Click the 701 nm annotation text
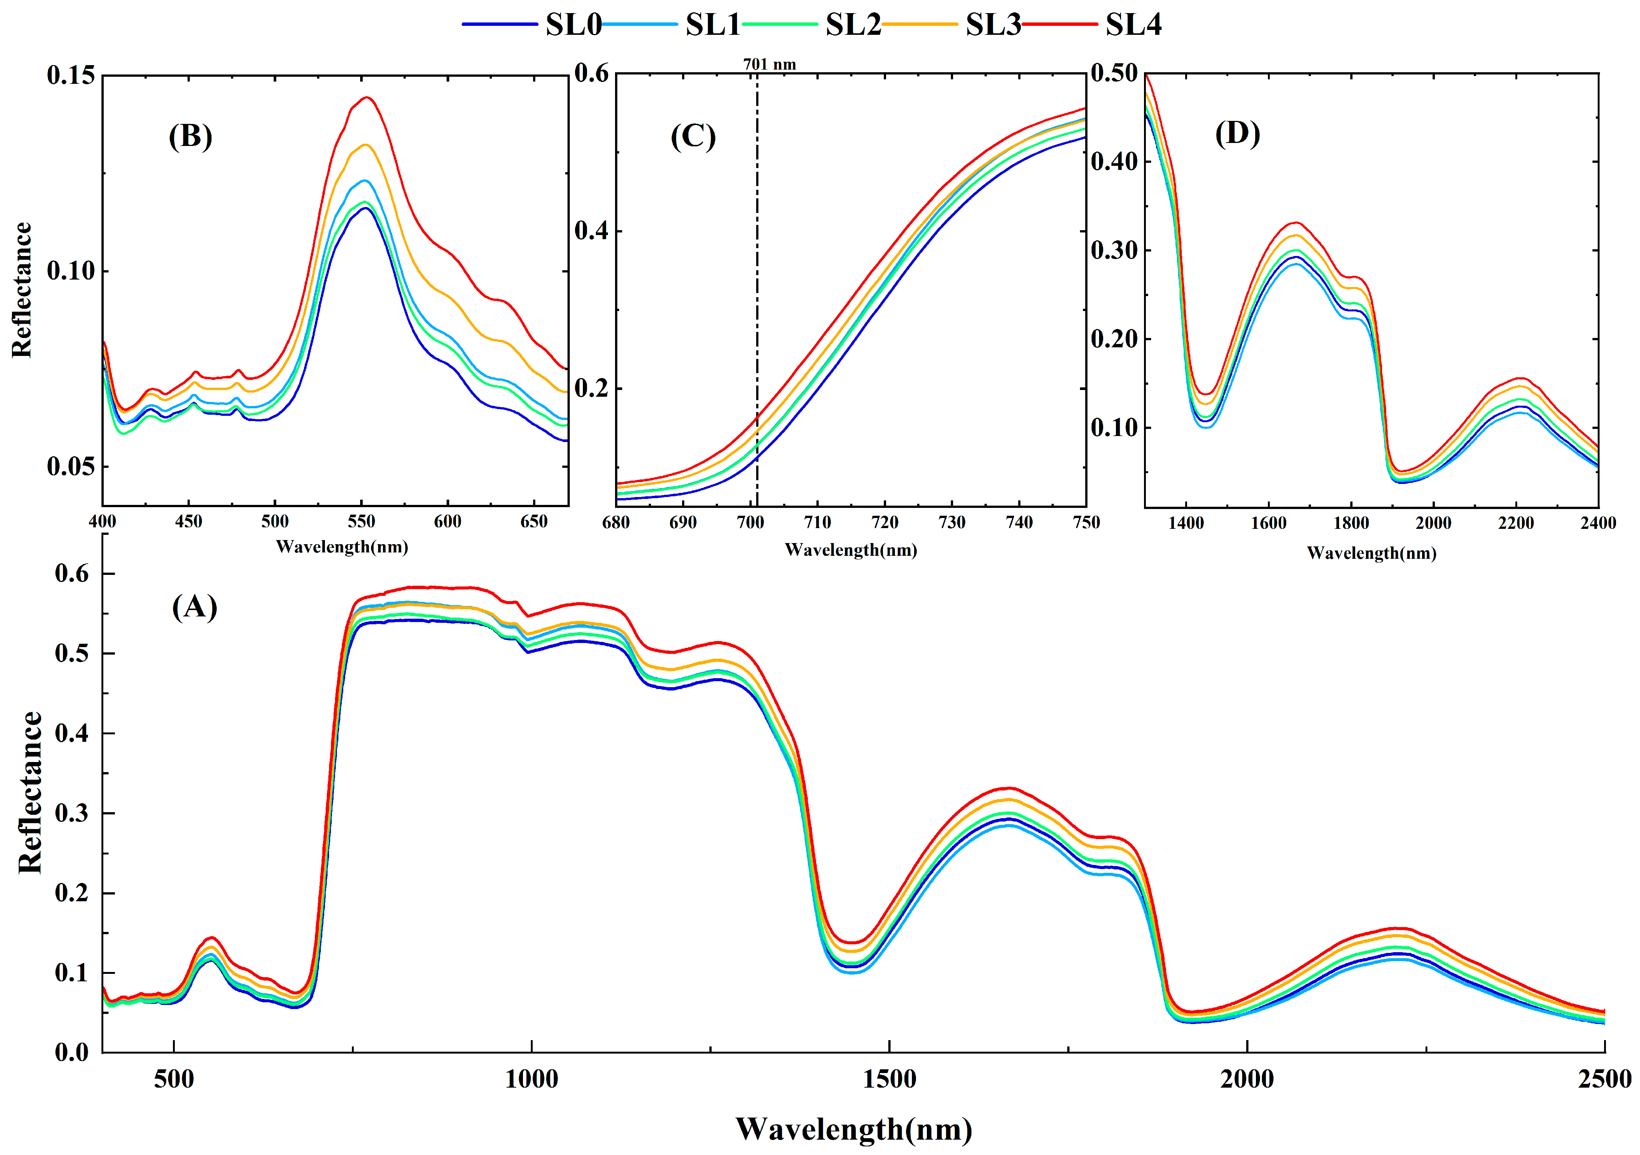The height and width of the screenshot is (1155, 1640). click(x=769, y=64)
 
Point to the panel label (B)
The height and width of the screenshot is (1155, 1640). click(x=190, y=136)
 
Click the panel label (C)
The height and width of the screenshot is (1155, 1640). click(x=693, y=136)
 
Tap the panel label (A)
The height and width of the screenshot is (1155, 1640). click(x=194, y=607)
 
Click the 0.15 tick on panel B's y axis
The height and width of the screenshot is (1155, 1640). click(x=71, y=75)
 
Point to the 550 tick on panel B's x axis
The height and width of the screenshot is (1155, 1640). click(x=361, y=521)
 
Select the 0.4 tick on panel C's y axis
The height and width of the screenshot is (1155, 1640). click(x=591, y=231)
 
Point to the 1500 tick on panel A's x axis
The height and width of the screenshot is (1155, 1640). click(x=889, y=1079)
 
